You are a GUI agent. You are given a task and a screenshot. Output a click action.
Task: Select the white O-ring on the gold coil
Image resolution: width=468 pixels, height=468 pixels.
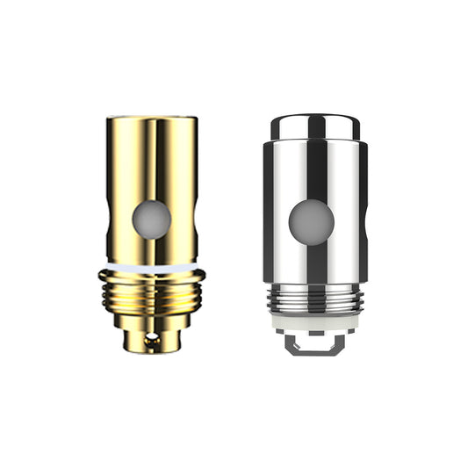point(151,263)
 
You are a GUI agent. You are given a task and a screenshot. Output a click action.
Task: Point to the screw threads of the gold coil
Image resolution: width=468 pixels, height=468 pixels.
point(151,290)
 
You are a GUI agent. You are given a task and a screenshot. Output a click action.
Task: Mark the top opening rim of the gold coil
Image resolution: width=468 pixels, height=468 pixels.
point(151,118)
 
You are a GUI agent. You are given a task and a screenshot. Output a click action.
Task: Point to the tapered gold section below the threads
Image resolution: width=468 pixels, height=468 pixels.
point(151,321)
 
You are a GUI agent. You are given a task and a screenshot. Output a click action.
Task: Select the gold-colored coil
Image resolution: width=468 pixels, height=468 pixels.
point(151,228)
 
